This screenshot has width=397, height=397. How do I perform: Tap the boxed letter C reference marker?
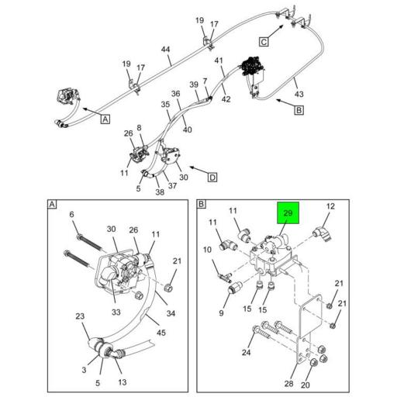pyautogui.click(x=264, y=41)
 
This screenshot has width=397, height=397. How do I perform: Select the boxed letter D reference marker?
pyautogui.click(x=212, y=177)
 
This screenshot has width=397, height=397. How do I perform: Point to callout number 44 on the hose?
pyautogui.click(x=165, y=50)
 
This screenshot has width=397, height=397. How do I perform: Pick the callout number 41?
pyautogui.click(x=219, y=60)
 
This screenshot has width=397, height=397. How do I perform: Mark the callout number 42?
pyautogui.click(x=226, y=98)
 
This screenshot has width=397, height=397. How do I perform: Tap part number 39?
pyautogui.click(x=194, y=85)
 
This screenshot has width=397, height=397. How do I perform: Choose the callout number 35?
pyautogui.click(x=165, y=104)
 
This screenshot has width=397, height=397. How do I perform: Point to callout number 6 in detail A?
pyautogui.click(x=71, y=215)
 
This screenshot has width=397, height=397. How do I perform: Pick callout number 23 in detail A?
pyautogui.click(x=80, y=316)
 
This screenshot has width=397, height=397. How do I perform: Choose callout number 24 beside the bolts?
pyautogui.click(x=246, y=353)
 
